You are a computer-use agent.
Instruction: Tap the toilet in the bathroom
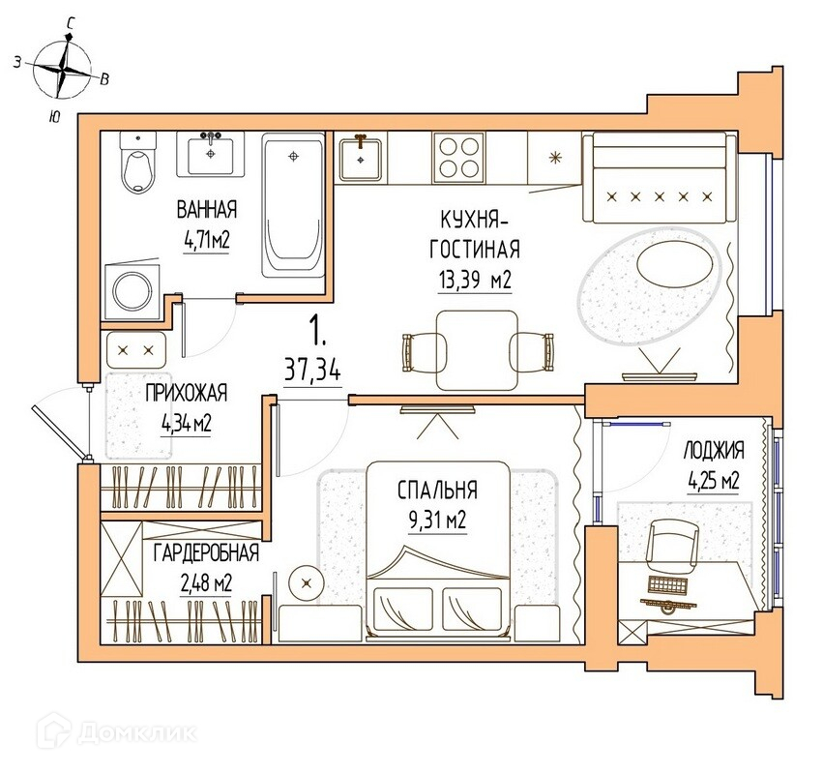click(x=138, y=163)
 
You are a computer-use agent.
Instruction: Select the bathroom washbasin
click(x=211, y=155)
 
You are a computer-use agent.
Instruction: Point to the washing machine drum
click(x=132, y=291)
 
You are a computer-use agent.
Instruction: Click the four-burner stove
click(x=458, y=158)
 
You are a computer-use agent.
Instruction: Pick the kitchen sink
click(x=360, y=158)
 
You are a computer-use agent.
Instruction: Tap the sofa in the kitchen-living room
click(x=660, y=178)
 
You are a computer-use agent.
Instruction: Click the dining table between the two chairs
click(x=477, y=350)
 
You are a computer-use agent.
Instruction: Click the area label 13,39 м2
click(x=475, y=281)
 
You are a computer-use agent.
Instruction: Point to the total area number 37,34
click(x=312, y=371)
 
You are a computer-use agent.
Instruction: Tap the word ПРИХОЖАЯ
click(x=187, y=394)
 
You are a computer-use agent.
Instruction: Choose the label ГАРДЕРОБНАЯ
click(x=206, y=553)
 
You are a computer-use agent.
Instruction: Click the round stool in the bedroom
click(x=307, y=582)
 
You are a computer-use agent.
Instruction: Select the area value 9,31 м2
click(x=437, y=521)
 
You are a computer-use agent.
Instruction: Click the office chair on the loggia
click(x=672, y=549)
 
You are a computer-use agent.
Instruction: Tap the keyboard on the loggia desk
click(x=667, y=584)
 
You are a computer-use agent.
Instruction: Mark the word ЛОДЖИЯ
click(x=714, y=451)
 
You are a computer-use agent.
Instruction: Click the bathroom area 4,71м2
click(x=207, y=242)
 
